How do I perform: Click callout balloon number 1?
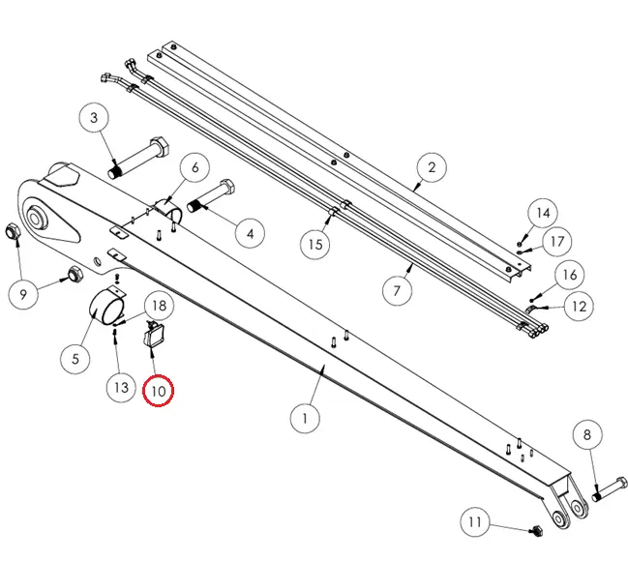point(305,419)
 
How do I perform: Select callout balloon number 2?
point(432,168)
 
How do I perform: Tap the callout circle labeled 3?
point(94,119)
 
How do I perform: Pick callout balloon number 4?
point(250,233)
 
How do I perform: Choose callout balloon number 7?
point(395,288)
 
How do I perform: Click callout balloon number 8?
point(587,436)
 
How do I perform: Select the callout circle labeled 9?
point(23,292)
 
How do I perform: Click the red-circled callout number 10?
point(158,392)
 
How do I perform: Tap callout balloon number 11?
point(474,523)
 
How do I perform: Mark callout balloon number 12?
point(579,308)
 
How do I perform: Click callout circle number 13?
point(121,387)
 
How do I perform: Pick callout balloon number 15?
point(315,244)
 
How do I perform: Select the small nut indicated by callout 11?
point(537,530)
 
